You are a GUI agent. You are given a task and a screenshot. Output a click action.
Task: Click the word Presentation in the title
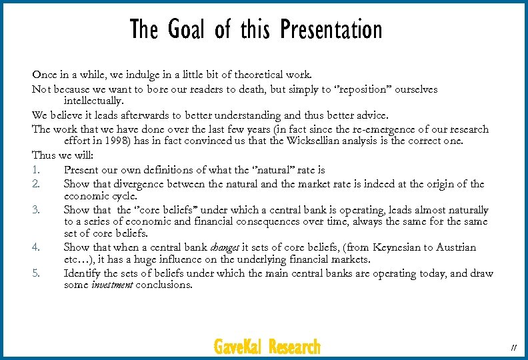coord(331,30)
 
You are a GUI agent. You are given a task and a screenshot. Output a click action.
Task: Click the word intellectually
coord(94,101)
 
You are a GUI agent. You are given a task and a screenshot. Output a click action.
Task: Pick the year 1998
coord(127,141)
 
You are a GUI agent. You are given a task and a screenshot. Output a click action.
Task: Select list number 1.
coord(35,170)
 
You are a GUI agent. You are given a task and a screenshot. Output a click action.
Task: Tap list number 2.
coord(36,183)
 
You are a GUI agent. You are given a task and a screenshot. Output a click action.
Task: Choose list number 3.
coord(36,210)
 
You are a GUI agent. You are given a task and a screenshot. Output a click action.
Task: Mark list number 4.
coord(36,247)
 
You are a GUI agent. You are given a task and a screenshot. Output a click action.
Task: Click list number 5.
coord(36,273)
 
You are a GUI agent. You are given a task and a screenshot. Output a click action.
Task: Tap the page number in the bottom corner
coord(513,347)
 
